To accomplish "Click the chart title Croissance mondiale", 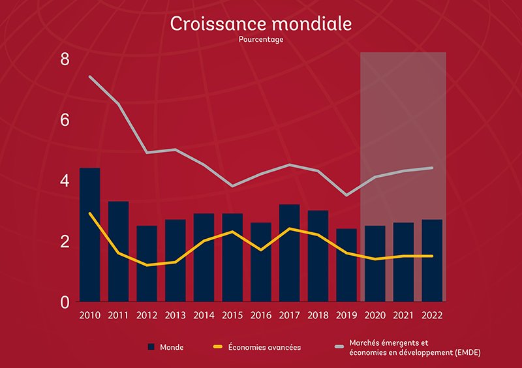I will tap(261, 23).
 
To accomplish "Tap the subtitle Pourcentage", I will tap(261, 39).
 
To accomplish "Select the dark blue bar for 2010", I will tap(89, 235).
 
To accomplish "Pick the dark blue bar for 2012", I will tap(147, 264).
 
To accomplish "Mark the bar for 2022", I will tap(431, 260).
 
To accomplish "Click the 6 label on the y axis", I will tap(64, 121).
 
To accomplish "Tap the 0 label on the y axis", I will tap(64, 302).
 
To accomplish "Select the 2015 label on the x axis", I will tap(232, 316).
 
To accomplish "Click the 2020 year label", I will tap(375, 316).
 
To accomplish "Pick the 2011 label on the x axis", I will tap(118, 316).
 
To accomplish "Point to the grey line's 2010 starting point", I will tap(90, 77).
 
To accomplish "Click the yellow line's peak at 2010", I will tap(90, 213).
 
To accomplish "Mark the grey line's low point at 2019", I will tap(346, 195).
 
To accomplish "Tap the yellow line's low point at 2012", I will tap(147, 266).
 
